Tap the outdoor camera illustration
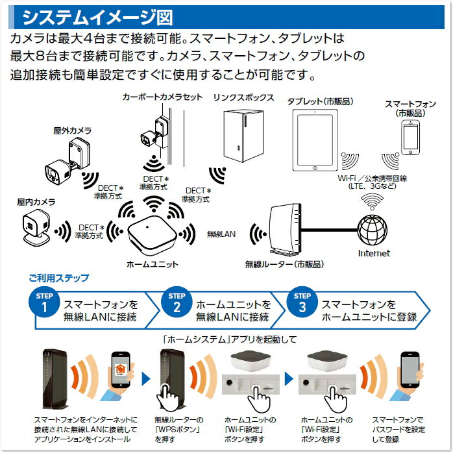pos(65,162)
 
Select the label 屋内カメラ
pos(36,202)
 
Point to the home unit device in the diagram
pos(151,234)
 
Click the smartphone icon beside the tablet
pos(410,138)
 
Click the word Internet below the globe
pos(374,253)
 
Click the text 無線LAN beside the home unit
pos(221,233)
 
